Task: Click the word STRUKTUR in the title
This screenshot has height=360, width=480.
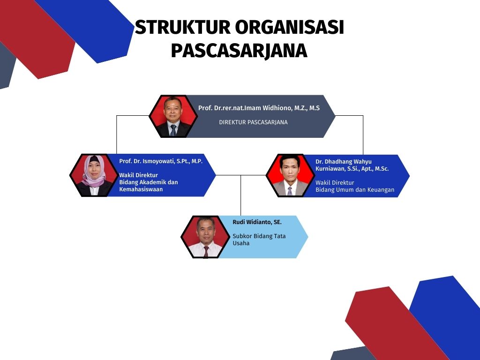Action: point(182,27)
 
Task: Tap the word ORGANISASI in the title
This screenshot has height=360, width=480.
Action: point(290,27)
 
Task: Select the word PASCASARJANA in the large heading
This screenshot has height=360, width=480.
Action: point(239,51)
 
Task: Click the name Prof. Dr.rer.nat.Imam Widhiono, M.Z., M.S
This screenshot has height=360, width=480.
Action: point(259,108)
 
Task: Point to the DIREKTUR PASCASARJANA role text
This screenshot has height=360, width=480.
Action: point(253,122)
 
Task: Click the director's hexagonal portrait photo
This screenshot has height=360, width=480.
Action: point(173,116)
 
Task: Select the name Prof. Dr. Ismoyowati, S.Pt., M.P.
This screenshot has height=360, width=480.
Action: point(161,161)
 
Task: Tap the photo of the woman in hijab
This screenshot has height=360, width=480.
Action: point(94,175)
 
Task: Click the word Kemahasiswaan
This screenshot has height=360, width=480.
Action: point(141,189)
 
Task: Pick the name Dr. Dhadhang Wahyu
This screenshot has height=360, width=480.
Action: point(344,162)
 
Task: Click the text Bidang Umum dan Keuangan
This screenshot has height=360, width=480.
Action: point(355,190)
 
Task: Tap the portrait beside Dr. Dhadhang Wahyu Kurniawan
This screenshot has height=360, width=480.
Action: point(290,176)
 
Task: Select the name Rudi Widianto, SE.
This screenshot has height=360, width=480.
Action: point(257,222)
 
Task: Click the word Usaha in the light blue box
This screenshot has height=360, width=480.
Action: point(241,243)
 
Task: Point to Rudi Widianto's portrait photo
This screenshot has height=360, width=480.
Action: point(205,237)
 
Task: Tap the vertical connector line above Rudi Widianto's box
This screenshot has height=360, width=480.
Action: point(240,195)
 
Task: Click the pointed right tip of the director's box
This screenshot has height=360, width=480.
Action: point(335,116)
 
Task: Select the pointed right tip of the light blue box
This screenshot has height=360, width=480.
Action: point(308,237)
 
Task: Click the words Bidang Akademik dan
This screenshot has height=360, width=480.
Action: point(149,182)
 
